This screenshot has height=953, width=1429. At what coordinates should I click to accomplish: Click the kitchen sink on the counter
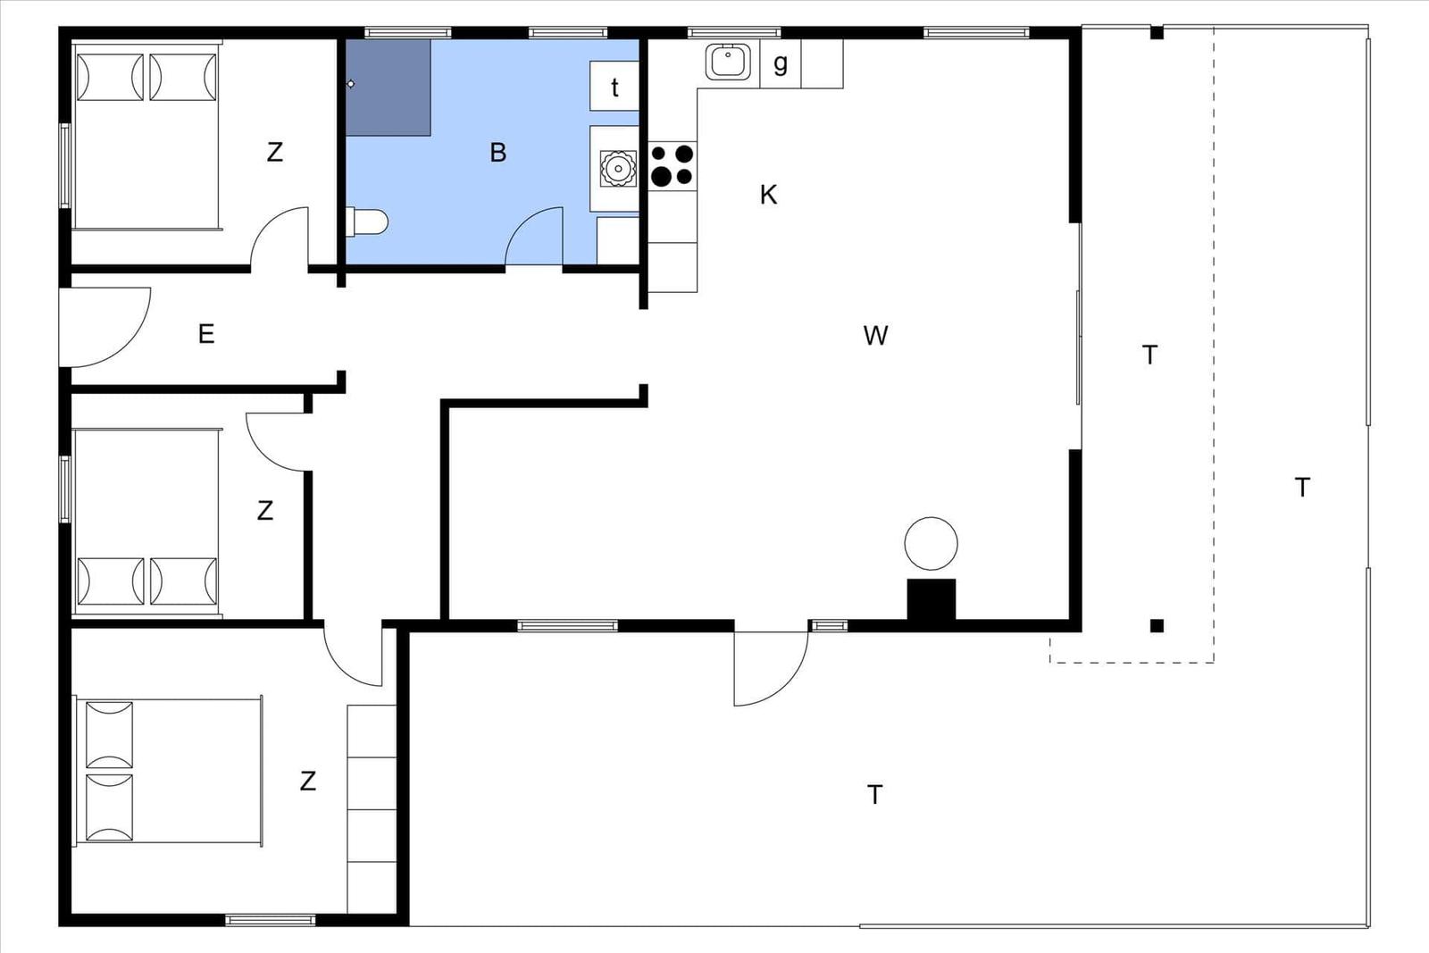click(728, 62)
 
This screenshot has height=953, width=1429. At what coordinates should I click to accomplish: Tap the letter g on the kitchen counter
click(781, 63)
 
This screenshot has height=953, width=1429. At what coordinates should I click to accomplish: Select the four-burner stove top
click(673, 166)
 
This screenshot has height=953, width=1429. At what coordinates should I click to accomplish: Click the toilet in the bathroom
click(366, 222)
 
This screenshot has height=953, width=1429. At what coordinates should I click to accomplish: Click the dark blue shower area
click(388, 88)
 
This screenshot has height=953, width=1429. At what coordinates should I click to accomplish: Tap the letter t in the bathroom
click(614, 88)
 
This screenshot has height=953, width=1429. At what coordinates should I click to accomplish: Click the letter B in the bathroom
click(497, 153)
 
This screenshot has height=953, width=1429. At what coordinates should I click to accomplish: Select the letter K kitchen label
click(768, 196)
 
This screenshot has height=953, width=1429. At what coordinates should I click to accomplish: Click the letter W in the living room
click(875, 336)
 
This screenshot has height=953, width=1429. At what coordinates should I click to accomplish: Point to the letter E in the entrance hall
click(206, 334)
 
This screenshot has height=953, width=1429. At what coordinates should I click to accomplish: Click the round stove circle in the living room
click(931, 543)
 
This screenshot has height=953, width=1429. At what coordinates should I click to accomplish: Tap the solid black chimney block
click(932, 599)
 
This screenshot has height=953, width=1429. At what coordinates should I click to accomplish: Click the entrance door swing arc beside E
click(128, 345)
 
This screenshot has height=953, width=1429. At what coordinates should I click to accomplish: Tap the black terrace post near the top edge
click(1157, 32)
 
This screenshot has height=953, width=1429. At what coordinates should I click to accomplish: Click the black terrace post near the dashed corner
click(1157, 626)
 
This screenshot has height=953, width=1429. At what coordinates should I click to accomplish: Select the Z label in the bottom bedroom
click(307, 781)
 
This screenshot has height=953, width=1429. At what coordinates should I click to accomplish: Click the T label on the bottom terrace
click(874, 795)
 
